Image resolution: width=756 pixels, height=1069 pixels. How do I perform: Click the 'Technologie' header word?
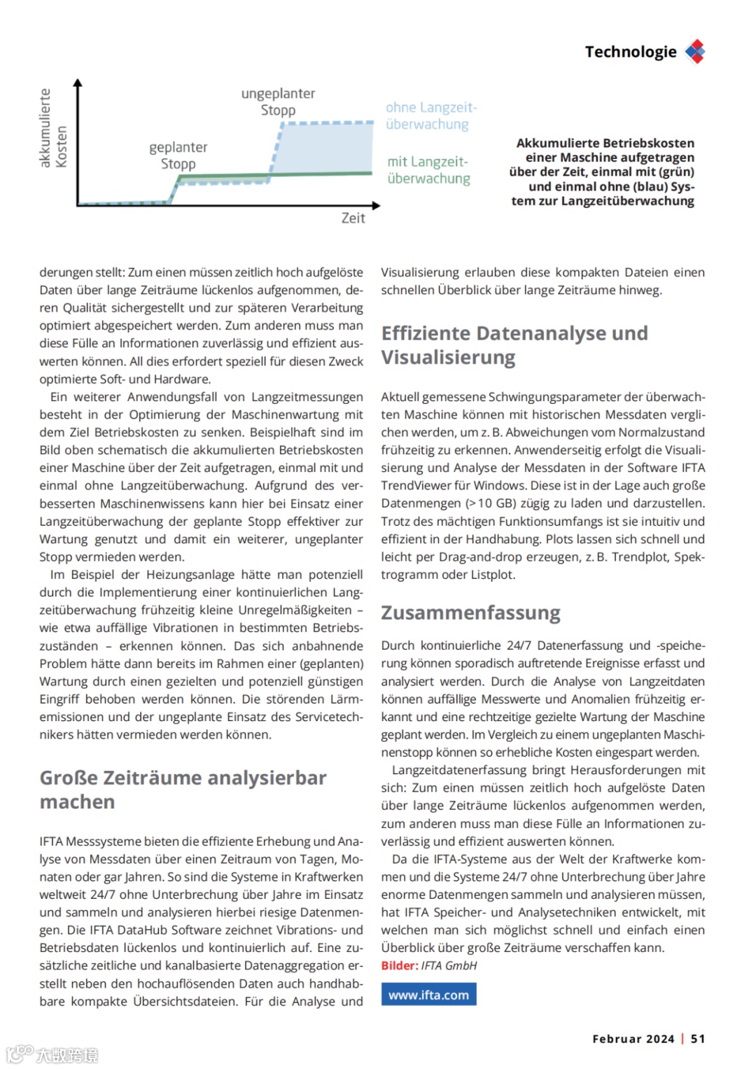(630, 52)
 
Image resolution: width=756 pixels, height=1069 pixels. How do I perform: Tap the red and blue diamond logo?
(695, 51)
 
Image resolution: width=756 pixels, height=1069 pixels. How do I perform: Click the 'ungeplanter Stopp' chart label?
(278, 102)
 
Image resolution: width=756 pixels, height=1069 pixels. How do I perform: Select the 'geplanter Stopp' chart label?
(178, 155)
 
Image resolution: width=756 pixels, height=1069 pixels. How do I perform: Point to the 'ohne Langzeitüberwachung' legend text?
(430, 116)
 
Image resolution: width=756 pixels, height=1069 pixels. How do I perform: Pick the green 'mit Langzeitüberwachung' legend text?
(428, 170)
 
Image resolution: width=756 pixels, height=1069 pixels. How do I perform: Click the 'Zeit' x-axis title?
(353, 218)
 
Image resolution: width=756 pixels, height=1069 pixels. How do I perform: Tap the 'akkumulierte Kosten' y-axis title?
(53, 129)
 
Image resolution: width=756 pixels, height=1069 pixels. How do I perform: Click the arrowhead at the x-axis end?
(377, 205)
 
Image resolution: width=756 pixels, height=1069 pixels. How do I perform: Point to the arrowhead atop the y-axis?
(78, 83)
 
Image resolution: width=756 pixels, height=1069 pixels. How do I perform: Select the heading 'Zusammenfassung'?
(470, 613)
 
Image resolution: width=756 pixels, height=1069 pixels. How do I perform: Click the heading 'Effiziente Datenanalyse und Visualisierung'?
(514, 345)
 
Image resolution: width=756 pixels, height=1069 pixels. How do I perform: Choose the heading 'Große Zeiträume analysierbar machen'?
(183, 790)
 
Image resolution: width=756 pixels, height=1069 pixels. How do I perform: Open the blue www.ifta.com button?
(428, 995)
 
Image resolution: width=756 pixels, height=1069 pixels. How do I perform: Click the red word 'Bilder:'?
(399, 966)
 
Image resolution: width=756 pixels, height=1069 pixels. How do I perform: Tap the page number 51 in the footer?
(698, 1039)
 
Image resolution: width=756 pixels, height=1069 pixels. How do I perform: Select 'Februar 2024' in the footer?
(633, 1039)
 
